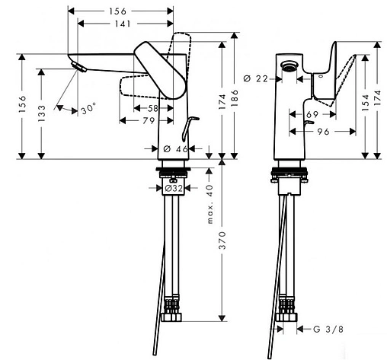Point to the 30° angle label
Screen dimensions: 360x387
[89, 110]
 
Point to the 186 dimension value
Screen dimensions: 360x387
[235, 99]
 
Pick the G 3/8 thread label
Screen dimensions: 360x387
[324, 330]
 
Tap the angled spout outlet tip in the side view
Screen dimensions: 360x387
[77, 70]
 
